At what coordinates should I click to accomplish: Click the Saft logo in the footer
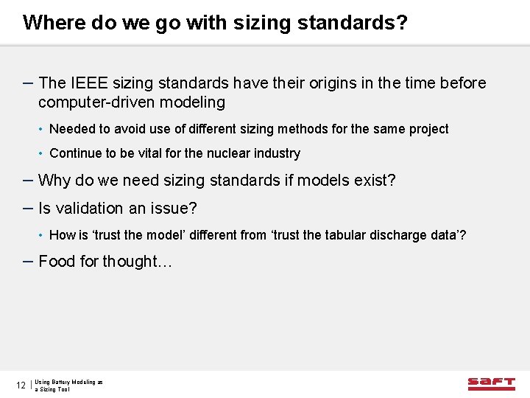(491, 383)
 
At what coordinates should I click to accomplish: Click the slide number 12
(21, 385)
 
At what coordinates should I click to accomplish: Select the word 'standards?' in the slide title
(352, 23)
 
